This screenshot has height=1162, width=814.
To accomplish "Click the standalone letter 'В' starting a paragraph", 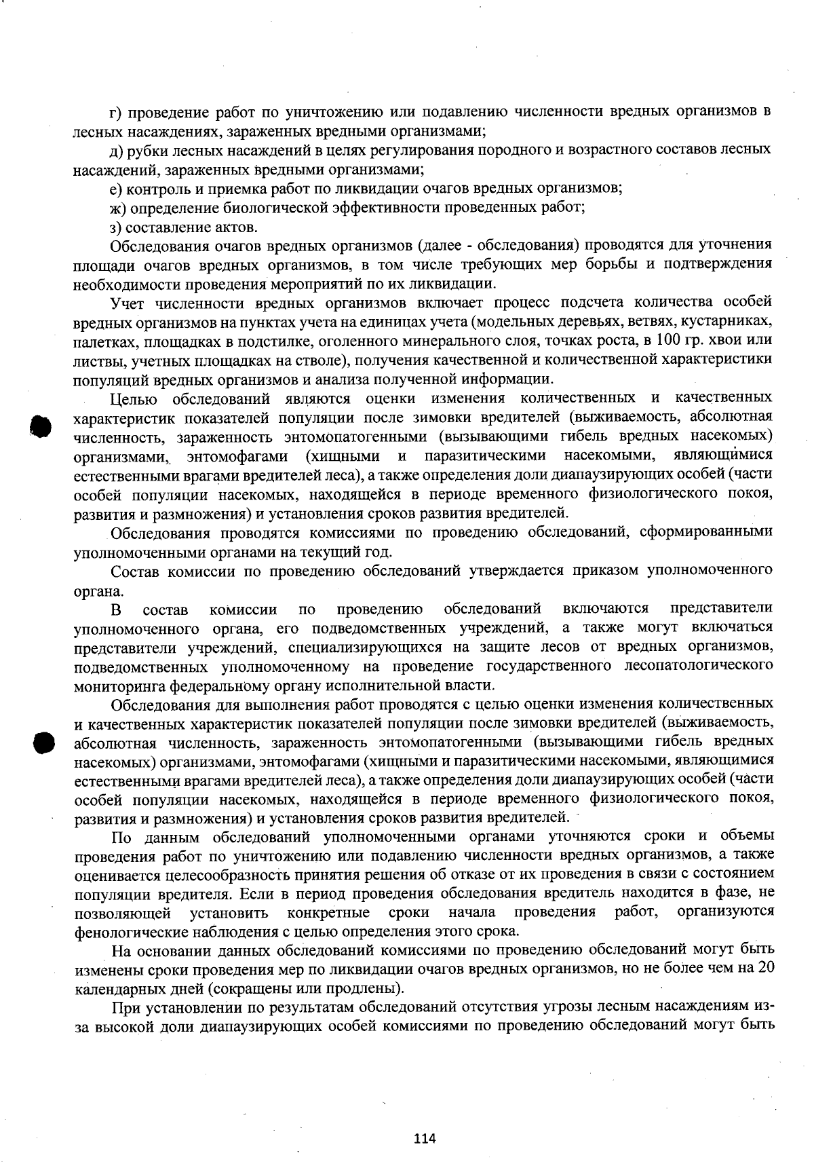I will [x=116, y=607].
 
